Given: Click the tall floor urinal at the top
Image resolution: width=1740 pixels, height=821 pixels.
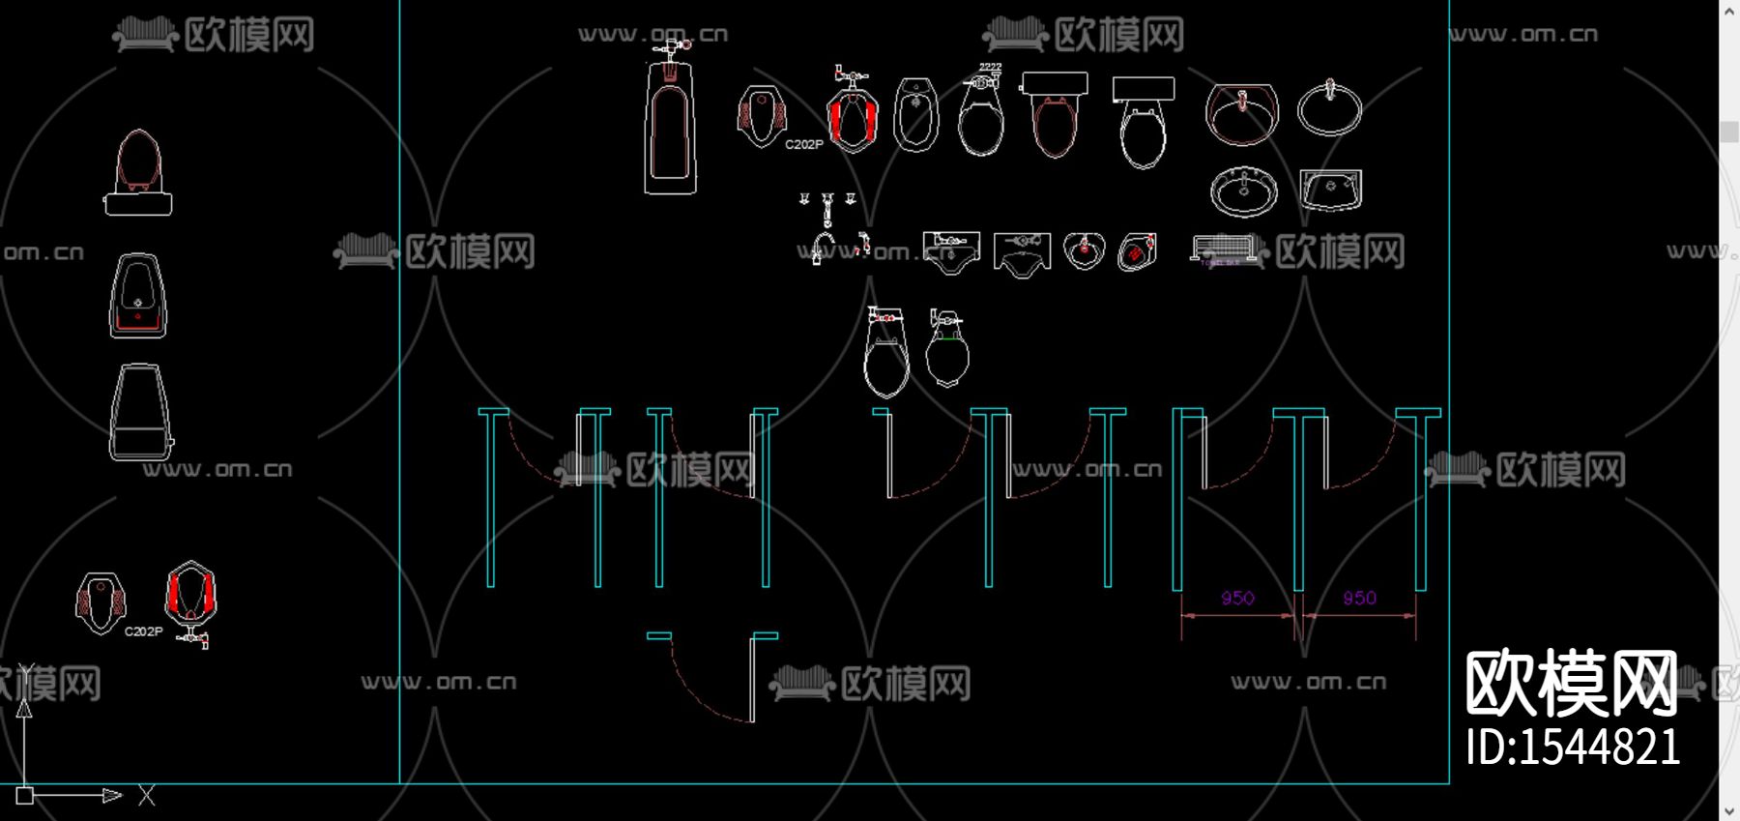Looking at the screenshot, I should coord(670,131).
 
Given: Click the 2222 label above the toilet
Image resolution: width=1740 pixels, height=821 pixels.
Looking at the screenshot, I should coord(990,68).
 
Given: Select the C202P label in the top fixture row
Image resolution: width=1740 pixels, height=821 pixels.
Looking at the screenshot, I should coord(803,144).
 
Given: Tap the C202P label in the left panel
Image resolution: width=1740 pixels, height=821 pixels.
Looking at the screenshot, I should coord(143,631).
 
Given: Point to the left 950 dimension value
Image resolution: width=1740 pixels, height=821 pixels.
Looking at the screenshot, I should coord(1237,598).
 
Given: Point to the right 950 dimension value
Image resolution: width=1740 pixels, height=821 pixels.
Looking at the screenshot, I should coord(1359,598).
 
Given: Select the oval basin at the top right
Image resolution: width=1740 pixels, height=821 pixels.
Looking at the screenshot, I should coord(1329,108).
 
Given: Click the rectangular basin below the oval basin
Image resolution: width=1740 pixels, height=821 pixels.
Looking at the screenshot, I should coord(1330,190).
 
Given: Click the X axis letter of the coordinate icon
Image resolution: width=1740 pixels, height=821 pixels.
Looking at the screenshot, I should coord(147,796).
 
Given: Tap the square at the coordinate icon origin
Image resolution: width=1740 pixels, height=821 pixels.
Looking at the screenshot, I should coord(25,796).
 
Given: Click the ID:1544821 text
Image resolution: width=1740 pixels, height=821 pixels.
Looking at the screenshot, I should coord(1573,748).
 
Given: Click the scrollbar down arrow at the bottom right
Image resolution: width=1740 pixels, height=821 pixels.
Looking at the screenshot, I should coord(1729,810).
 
